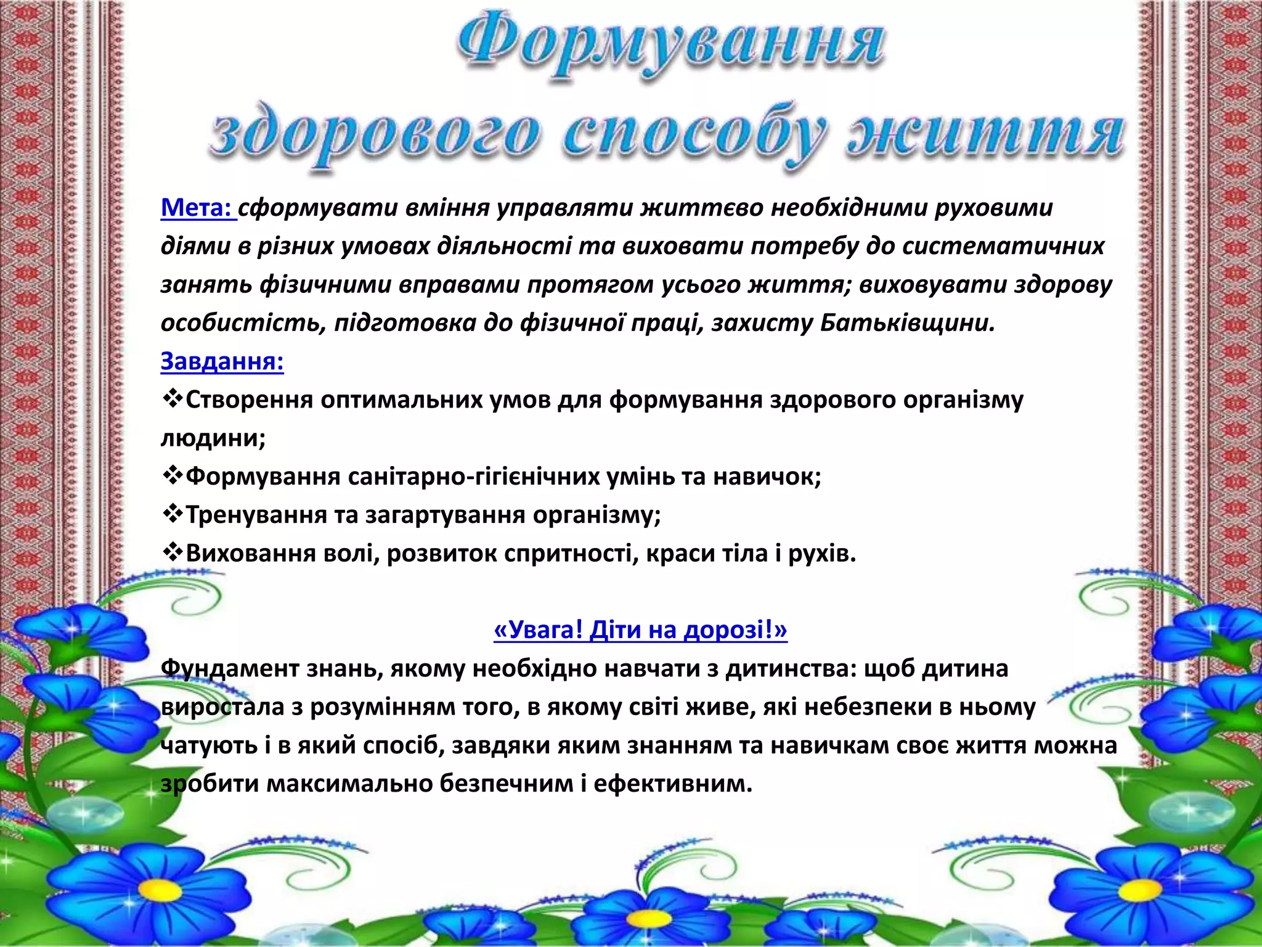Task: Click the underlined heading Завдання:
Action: click(222, 361)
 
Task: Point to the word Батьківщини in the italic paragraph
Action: click(906, 322)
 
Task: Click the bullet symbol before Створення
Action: click(172, 400)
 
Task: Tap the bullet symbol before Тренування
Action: click(172, 514)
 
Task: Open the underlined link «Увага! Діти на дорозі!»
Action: click(640, 630)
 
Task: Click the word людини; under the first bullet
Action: click(213, 438)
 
